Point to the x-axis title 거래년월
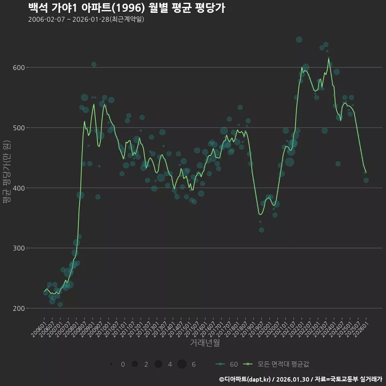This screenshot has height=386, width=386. (205, 343)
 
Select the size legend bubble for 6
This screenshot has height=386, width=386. (182, 364)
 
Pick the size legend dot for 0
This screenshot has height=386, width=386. (111, 364)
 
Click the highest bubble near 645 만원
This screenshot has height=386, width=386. (299, 39)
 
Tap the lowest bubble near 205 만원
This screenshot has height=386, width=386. (60, 304)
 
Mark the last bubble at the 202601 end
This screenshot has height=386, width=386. (366, 180)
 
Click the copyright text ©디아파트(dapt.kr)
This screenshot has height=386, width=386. (245, 379)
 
